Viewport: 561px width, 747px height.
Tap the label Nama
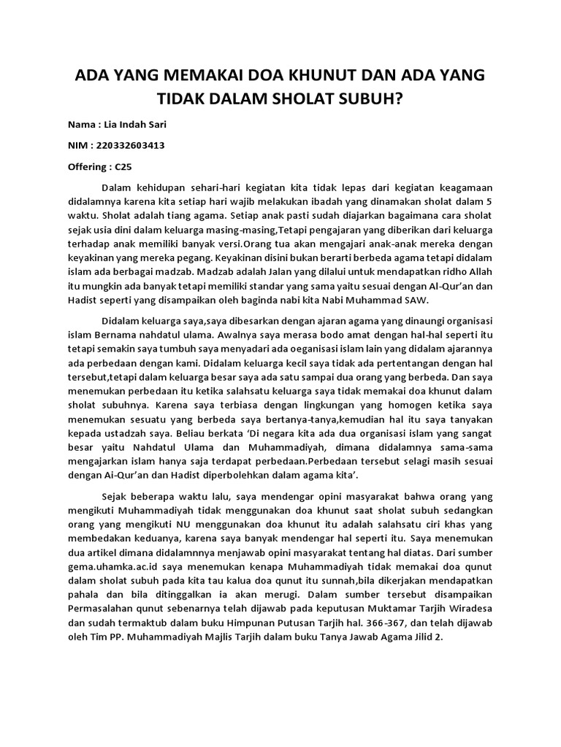[81, 124]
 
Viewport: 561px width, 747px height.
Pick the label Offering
[86, 166]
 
